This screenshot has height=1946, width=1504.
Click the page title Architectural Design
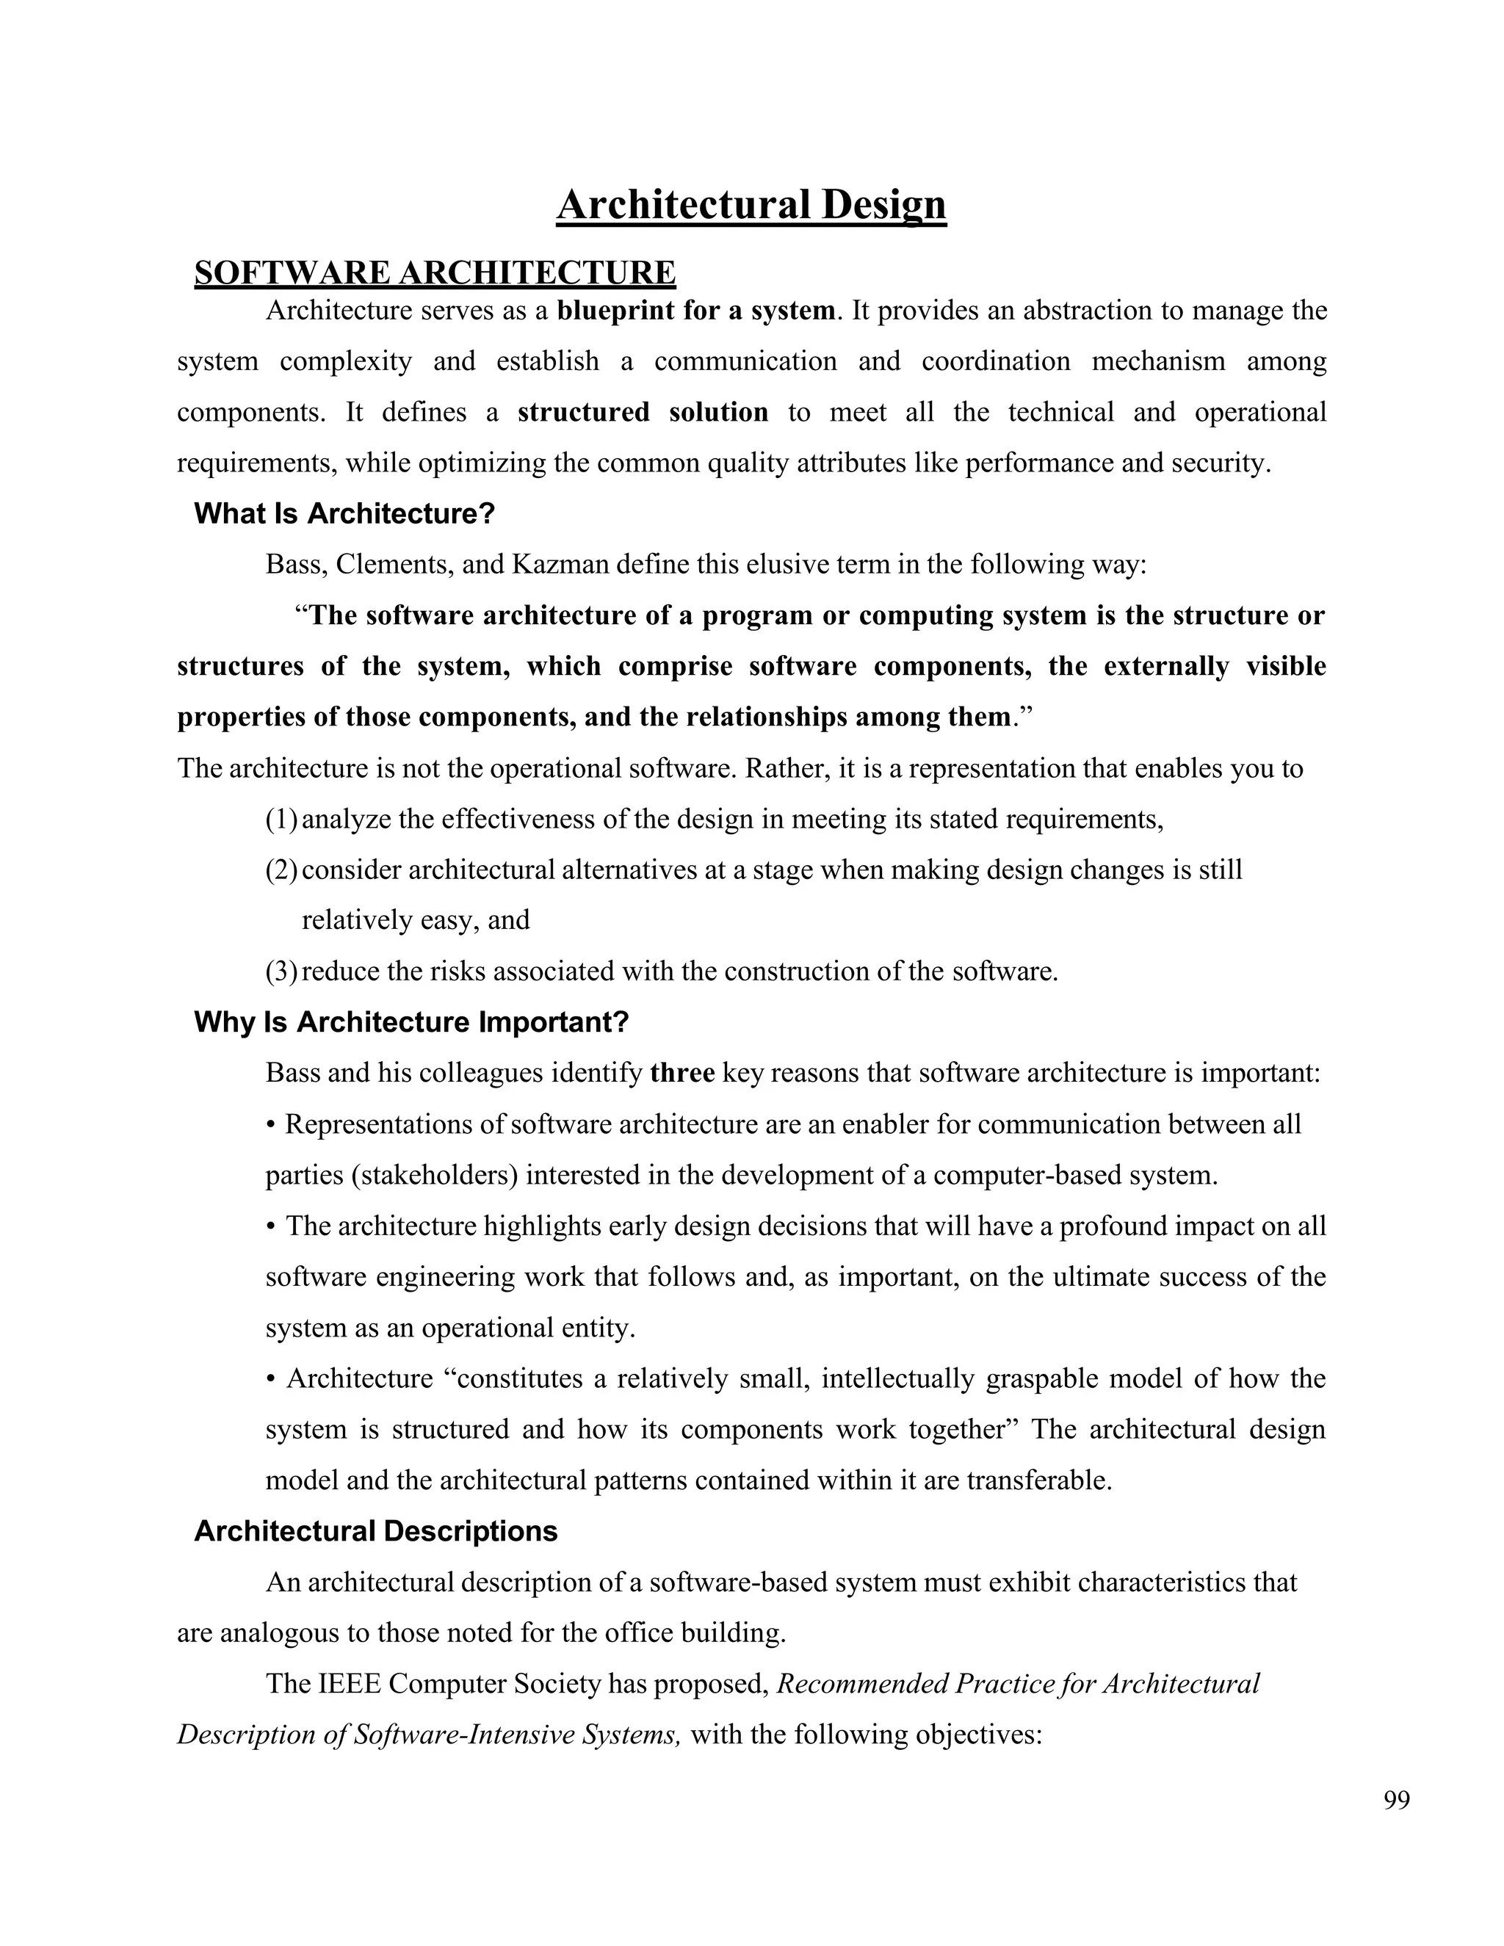pyautogui.click(x=751, y=205)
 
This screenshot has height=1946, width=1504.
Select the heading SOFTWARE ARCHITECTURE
pyautogui.click(x=435, y=272)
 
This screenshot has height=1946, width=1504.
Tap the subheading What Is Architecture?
pyautogui.click(x=344, y=514)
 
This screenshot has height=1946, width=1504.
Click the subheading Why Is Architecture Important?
pyautogui.click(x=412, y=1022)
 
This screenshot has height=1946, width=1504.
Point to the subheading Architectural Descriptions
pyautogui.click(x=376, y=1532)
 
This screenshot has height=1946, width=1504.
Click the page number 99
pyautogui.click(x=1396, y=1801)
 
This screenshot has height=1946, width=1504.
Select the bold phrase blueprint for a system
pyautogui.click(x=697, y=311)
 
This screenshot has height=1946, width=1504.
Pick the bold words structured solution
pyautogui.click(x=643, y=413)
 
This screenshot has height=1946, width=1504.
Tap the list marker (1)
pyautogui.click(x=281, y=819)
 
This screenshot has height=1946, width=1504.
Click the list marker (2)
pyautogui.click(x=281, y=869)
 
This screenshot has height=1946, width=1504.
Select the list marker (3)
pyautogui.click(x=281, y=972)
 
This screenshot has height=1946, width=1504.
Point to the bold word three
pyautogui.click(x=682, y=1073)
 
